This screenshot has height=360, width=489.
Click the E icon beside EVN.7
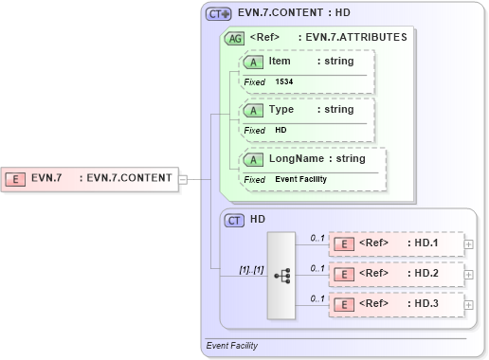[16, 178]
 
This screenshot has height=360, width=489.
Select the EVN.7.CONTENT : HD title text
[294, 14]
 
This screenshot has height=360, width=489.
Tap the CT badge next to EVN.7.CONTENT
[220, 14]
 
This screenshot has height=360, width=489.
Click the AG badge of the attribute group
[233, 39]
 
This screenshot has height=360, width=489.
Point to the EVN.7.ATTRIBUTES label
[352, 38]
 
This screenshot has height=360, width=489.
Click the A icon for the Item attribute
[254, 62]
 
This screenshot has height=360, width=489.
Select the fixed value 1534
[284, 82]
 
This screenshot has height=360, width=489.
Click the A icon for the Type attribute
[254, 110]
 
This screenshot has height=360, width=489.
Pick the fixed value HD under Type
[281, 130]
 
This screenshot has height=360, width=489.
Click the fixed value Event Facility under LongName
[300, 179]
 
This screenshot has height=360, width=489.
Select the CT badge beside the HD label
[234, 220]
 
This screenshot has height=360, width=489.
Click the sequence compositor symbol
[282, 275]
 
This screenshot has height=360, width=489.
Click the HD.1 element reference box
[395, 243]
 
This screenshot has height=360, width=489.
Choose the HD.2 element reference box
[395, 274]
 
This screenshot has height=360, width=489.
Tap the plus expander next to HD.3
[469, 305]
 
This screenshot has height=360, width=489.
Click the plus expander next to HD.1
[469, 244]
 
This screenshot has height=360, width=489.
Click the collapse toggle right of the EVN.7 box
[183, 178]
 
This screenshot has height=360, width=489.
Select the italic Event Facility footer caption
[231, 346]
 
